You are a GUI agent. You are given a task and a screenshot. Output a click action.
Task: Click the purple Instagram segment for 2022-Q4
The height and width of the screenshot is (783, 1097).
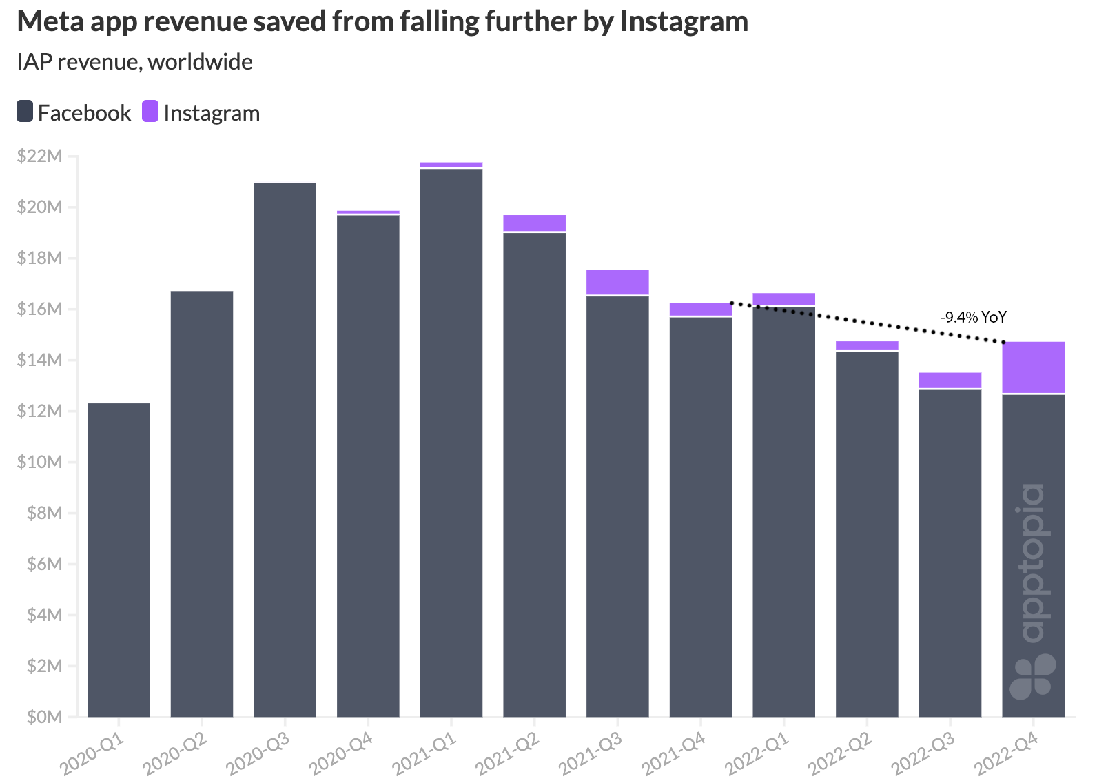pyautogui.click(x=1033, y=367)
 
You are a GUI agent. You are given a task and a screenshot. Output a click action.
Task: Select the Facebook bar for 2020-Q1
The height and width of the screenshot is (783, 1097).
pyautogui.click(x=119, y=560)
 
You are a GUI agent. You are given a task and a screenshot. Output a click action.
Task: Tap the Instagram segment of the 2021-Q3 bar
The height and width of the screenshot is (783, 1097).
pyautogui.click(x=617, y=283)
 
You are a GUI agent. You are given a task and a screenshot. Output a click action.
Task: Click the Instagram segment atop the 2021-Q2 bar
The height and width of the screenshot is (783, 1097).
pyautogui.click(x=534, y=223)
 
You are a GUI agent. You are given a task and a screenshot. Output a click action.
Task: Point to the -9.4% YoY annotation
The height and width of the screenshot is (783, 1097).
pyautogui.click(x=973, y=317)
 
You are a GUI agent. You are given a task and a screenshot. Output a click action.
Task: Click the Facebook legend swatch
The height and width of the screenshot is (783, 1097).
pyautogui.click(x=25, y=112)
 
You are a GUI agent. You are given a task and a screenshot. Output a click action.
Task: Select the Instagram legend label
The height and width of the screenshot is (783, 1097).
pyautogui.click(x=212, y=113)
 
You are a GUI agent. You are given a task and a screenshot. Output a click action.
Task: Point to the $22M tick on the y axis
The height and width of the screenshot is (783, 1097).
pyautogui.click(x=39, y=156)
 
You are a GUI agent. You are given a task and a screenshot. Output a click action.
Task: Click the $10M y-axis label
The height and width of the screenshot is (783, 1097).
pyautogui.click(x=39, y=462)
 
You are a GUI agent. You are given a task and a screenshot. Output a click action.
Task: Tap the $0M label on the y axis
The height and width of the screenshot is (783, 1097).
pyautogui.click(x=44, y=717)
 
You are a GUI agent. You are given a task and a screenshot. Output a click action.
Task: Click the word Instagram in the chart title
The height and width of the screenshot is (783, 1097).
pyautogui.click(x=684, y=21)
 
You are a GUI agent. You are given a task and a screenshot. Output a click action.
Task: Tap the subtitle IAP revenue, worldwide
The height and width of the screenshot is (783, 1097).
pyautogui.click(x=135, y=62)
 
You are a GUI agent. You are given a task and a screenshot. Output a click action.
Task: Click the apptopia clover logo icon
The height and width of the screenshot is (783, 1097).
pyautogui.click(x=1032, y=675)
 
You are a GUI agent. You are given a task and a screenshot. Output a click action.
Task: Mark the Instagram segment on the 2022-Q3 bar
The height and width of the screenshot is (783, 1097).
pyautogui.click(x=950, y=380)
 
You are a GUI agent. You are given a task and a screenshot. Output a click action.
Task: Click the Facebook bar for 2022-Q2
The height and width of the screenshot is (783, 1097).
pyautogui.click(x=867, y=534)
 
